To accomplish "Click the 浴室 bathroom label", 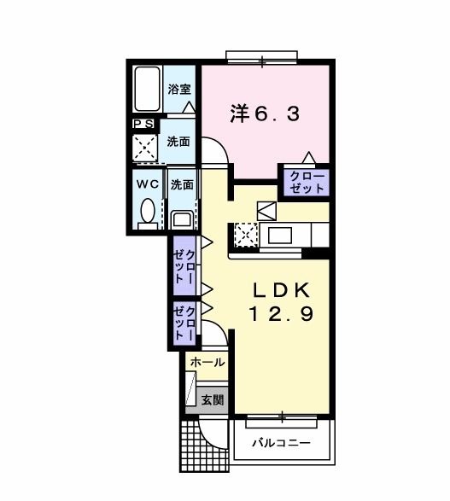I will point(178,89).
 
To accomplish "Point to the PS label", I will point(142,125).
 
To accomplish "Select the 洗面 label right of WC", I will point(180,184).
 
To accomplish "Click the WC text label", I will point(144,184).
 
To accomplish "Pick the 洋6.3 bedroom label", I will point(265,114).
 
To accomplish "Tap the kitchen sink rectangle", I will point(281,234).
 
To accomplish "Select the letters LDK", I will point(282,289).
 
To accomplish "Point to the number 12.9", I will point(282,313).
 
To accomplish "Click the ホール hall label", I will point(207,363).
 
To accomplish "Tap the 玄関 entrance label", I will point(212,399).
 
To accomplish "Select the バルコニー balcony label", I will point(282,444).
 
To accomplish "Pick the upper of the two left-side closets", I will point(184,267).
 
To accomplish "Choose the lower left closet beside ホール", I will point(184,323).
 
